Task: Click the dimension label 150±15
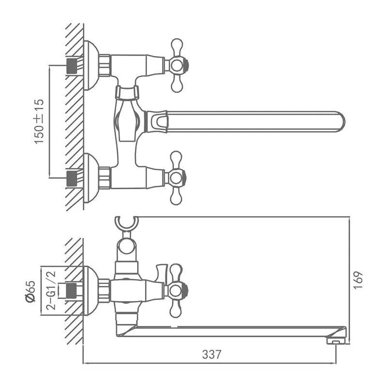click(39, 121)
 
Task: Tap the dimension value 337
click(211, 355)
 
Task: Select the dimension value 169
click(358, 280)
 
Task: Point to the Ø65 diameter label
click(30, 291)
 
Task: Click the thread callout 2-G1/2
click(51, 290)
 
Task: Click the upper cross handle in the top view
click(177, 65)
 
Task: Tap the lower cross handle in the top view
click(176, 178)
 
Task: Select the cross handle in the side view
click(177, 290)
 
